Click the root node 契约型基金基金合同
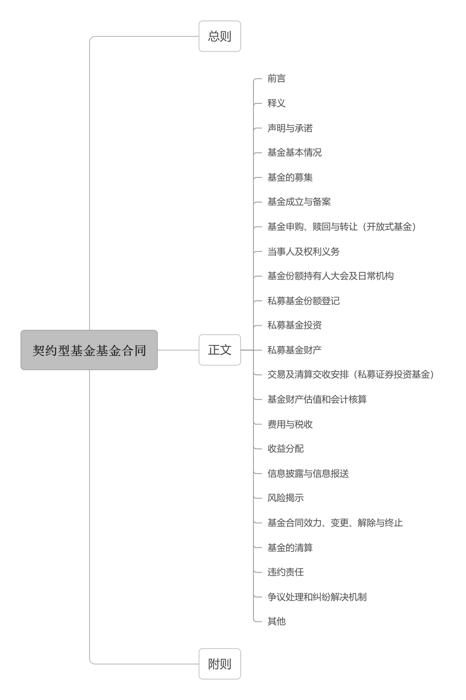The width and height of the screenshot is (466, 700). coord(89,350)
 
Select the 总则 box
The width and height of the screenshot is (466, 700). coord(220,36)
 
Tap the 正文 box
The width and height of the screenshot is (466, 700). coord(220,350)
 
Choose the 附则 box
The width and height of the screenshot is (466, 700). coord(220,664)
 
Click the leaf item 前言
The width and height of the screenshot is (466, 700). coord(276,79)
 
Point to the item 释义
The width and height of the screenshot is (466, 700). coord(276,103)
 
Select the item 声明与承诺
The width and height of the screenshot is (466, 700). coord(290,128)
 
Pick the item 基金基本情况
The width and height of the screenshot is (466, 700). coord(295,153)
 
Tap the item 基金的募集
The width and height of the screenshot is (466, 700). coord(290,177)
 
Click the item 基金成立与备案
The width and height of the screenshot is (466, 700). coord(299,202)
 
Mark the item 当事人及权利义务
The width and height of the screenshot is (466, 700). coord(304,251)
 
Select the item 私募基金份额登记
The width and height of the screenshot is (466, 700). coord(304,301)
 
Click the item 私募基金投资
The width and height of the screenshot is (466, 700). coord(295,325)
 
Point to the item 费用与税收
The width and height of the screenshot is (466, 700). coord(290,424)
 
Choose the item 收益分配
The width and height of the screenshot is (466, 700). coord(285,449)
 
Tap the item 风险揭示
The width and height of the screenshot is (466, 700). coord(285,498)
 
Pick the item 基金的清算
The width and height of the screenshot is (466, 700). coord(290,547)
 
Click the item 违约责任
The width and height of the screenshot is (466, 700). coord(285,572)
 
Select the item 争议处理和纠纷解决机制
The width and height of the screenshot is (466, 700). coord(317,597)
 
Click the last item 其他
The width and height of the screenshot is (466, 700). coord(276,621)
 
